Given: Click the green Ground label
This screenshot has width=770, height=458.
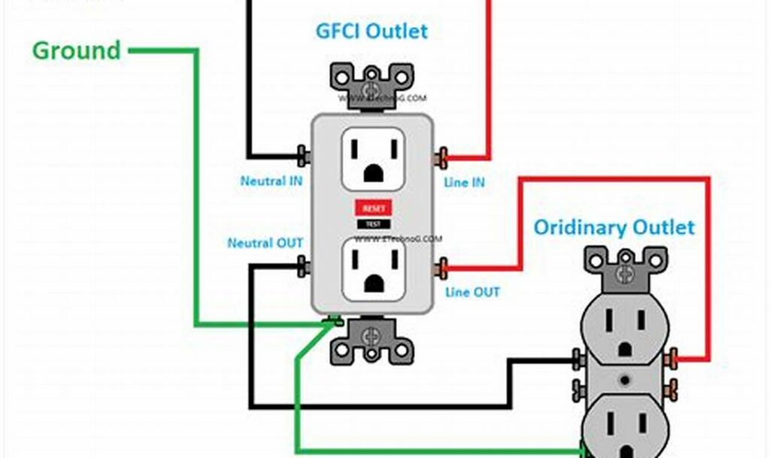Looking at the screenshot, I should tap(76, 50).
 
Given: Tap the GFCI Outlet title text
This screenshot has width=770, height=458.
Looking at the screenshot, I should tap(371, 31).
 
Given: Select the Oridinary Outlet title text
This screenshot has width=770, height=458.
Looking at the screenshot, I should tap(614, 226).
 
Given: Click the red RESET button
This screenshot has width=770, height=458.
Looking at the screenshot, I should tap(373, 208).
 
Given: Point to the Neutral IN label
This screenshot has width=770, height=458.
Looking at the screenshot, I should tap(271, 181).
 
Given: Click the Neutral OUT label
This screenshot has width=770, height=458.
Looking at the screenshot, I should tap(265, 243).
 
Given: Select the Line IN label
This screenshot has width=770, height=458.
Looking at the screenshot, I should tap(464, 182).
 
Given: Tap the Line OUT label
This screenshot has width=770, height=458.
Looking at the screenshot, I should tap(472, 292).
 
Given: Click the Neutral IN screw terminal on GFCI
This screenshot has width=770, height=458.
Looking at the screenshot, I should tap(304, 157).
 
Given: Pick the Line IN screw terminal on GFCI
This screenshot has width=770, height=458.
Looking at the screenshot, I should tap(442, 158).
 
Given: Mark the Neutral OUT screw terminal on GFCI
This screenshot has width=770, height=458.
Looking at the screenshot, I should tap(304, 265).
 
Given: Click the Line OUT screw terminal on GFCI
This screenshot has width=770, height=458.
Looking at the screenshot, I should tap(442, 266).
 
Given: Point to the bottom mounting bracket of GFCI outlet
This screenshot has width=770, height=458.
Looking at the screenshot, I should tap(372, 340).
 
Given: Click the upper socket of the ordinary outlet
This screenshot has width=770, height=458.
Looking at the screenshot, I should tap(623, 333).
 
